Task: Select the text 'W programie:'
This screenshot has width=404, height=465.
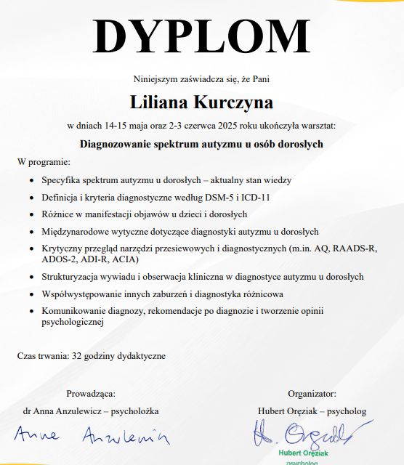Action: (x=44, y=161)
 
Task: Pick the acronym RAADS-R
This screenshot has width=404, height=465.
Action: (x=358, y=248)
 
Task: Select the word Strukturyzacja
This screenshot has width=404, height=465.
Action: (x=73, y=277)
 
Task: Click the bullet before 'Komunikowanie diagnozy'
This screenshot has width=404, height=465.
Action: (x=30, y=312)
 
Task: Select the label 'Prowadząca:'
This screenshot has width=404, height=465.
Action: (x=90, y=394)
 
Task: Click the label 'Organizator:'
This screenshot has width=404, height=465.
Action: (x=312, y=394)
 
